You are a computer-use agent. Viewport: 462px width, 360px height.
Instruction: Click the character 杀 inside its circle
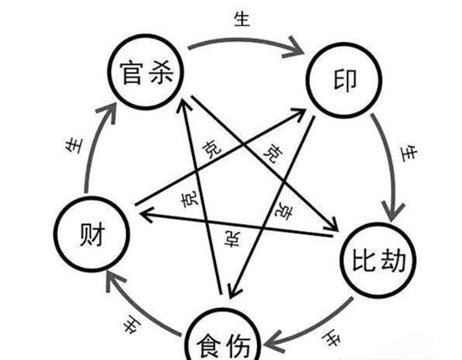[x=160, y=72]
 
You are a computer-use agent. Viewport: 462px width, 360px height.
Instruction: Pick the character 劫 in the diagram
[x=393, y=260]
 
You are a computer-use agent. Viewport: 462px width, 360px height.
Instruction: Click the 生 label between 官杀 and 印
[x=242, y=19]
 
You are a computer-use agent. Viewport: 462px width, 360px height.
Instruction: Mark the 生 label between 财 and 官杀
[x=74, y=146]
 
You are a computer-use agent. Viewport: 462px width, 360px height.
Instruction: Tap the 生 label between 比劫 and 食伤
[x=331, y=339]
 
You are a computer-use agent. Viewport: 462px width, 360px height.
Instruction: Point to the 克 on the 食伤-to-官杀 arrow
[x=190, y=200]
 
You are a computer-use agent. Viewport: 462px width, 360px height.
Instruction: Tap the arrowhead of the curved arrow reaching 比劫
[x=393, y=211]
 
